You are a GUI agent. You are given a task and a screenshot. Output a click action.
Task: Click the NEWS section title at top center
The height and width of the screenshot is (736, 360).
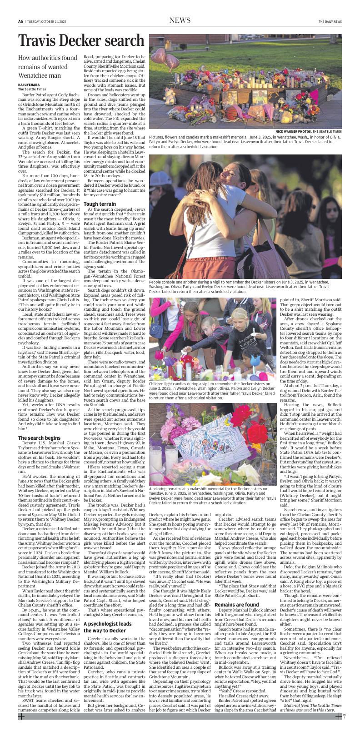coord(180,20)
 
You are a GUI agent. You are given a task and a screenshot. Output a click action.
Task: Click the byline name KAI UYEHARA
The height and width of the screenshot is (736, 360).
coord(28,85)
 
